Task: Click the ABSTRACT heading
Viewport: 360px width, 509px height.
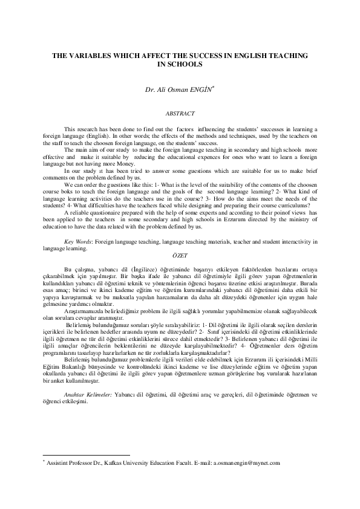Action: [x=180, y=112]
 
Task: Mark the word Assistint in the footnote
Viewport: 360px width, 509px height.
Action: [x=52, y=462]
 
